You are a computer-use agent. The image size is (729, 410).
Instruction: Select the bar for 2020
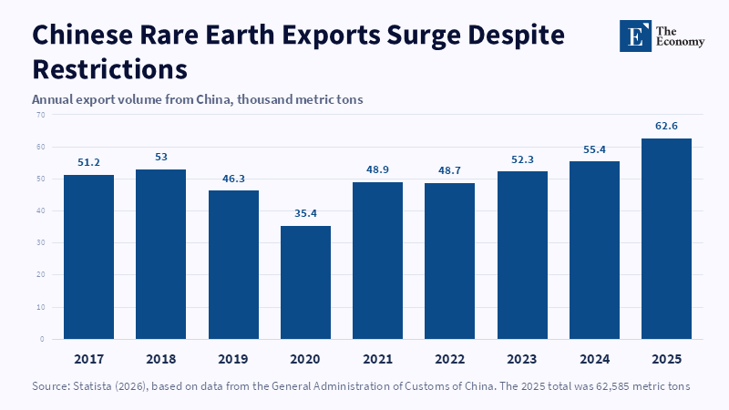pyautogui.click(x=305, y=282)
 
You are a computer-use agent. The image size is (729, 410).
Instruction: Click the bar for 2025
pyautogui.click(x=666, y=239)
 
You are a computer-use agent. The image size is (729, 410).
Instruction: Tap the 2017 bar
pyautogui.click(x=88, y=257)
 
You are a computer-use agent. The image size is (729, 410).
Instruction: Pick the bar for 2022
pyautogui.click(x=449, y=261)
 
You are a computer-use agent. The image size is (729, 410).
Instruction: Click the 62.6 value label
pyautogui.click(x=666, y=126)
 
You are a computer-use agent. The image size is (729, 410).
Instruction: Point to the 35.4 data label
pyautogui.click(x=305, y=213)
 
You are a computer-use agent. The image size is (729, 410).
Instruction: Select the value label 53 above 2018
pyautogui.click(x=161, y=157)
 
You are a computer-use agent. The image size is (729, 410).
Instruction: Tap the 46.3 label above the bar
pyautogui.click(x=233, y=179)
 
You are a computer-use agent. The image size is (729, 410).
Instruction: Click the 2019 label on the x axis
pyautogui.click(x=233, y=359)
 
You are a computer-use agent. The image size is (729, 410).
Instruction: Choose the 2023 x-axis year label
pyautogui.click(x=521, y=359)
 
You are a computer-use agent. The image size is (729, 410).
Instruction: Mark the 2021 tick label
pyautogui.click(x=377, y=359)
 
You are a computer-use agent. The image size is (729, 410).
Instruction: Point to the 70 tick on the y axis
pyautogui.click(x=41, y=115)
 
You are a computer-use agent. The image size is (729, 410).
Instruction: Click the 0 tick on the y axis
pyautogui.click(x=42, y=339)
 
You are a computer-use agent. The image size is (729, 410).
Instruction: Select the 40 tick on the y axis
pyautogui.click(x=41, y=211)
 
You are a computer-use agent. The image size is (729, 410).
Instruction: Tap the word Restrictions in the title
pyautogui.click(x=109, y=69)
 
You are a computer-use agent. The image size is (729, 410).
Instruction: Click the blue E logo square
pyautogui.click(x=635, y=36)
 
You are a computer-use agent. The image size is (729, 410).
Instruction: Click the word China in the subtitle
pyautogui.click(x=214, y=99)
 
